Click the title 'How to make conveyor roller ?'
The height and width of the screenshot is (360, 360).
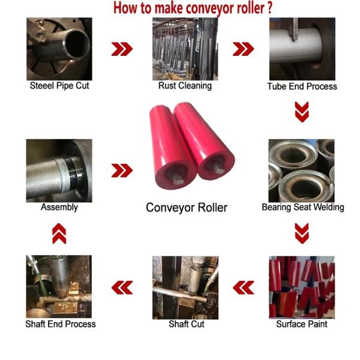[x=193, y=8]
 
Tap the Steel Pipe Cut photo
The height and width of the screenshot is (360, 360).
[x=59, y=49]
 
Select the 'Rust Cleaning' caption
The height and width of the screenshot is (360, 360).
[x=185, y=86]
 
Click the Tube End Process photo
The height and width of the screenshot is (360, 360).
[x=302, y=49]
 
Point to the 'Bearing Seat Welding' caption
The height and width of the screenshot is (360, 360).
[x=303, y=207]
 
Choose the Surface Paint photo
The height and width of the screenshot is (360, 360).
[x=302, y=287]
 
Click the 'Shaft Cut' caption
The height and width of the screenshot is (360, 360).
[x=187, y=324]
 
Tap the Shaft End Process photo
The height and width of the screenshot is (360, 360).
[x=59, y=287]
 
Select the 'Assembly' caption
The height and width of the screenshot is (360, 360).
[x=59, y=207]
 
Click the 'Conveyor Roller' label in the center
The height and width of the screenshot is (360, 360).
[x=187, y=208]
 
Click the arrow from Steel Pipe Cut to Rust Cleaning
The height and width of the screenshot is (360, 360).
[x=122, y=49]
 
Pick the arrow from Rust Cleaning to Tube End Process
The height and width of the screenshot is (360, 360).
[x=244, y=49]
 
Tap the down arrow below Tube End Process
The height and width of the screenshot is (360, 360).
[x=302, y=112]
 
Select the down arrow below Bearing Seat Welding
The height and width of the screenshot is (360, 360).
[x=302, y=233]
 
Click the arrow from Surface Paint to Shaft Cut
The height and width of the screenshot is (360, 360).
[x=244, y=287]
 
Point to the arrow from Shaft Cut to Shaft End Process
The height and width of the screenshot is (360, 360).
[x=122, y=287]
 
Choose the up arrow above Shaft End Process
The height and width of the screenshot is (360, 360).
[x=59, y=233]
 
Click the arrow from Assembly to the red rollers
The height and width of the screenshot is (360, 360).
[x=122, y=170]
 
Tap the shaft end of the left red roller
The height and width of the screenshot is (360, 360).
[x=176, y=178]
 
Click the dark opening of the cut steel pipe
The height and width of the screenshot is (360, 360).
[x=77, y=44]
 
